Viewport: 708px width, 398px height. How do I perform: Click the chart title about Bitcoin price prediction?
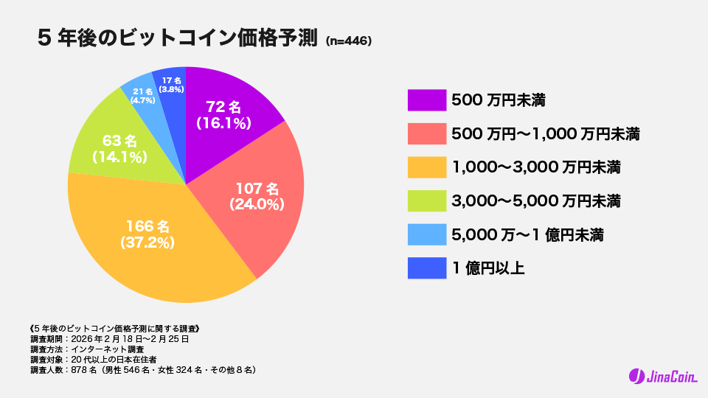point(177,39)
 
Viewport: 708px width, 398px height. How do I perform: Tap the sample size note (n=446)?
point(347,41)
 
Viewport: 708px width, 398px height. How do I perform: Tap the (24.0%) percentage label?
point(257,204)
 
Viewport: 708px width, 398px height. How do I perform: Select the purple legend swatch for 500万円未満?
point(427,99)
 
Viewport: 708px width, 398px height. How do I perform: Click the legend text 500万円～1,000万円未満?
point(545,133)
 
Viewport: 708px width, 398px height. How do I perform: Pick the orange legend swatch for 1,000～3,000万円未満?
point(427,167)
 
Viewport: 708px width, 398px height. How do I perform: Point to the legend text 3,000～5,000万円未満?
point(535,201)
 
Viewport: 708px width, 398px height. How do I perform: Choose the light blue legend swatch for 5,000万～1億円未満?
point(427,235)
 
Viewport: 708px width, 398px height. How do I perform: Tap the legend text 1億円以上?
point(487,269)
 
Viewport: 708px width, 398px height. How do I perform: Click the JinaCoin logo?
point(662,377)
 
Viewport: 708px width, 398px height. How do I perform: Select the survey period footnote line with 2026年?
point(110,339)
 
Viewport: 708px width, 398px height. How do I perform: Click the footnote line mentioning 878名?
point(143,369)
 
